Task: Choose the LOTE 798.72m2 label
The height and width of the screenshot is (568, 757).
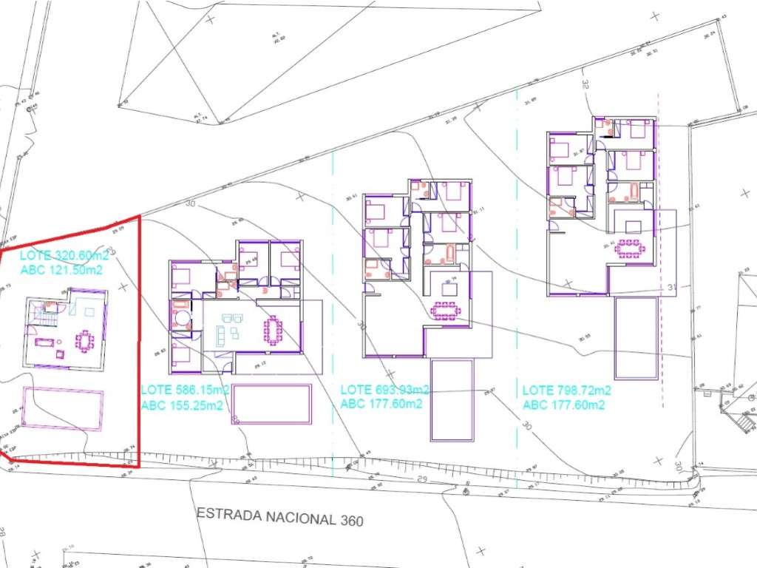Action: pyautogui.click(x=567, y=390)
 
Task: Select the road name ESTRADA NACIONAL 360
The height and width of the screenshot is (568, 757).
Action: pyautogui.click(x=280, y=516)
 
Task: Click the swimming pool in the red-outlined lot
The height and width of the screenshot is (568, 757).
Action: pyautogui.click(x=63, y=408)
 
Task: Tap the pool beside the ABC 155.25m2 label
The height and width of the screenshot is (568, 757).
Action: pyautogui.click(x=271, y=404)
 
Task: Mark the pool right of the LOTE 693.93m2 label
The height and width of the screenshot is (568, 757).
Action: pyautogui.click(x=452, y=399)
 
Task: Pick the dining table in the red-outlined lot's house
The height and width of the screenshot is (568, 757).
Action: pyautogui.click(x=86, y=341)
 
